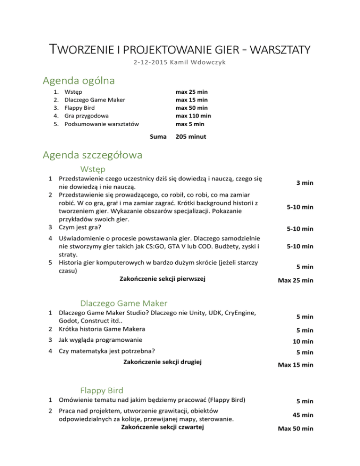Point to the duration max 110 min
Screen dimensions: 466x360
point(193,115)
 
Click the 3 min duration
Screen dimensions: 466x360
point(305,184)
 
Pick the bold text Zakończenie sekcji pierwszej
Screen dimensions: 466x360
point(163,279)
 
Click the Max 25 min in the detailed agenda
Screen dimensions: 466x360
point(295,281)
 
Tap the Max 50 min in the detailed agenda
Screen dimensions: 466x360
point(295,428)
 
